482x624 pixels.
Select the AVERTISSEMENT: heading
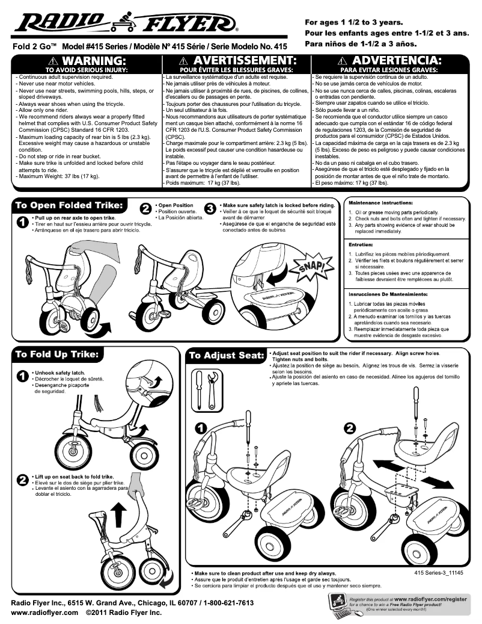pos(236,61)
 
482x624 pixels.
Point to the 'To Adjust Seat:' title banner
pos(226,356)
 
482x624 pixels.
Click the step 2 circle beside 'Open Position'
pos(145,208)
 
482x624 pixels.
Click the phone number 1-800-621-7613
pos(220,602)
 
